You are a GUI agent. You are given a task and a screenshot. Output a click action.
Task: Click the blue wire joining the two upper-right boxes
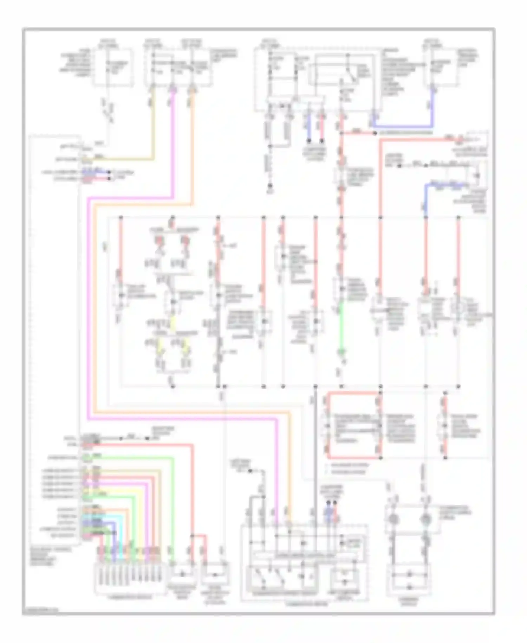point(404,126)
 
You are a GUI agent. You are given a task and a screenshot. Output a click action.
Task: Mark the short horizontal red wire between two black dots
point(358,133)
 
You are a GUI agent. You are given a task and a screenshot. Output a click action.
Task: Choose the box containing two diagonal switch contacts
point(269,577)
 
